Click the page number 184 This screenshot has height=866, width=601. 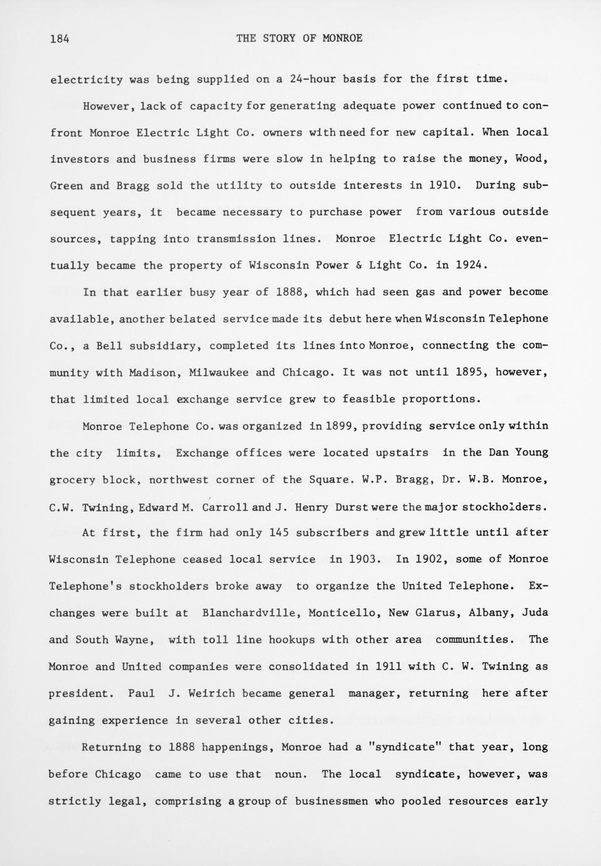60,38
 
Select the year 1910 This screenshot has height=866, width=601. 445,185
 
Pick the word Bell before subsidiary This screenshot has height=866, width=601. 110,346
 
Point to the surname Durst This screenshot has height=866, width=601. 352,507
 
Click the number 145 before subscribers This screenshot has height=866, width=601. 279,533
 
